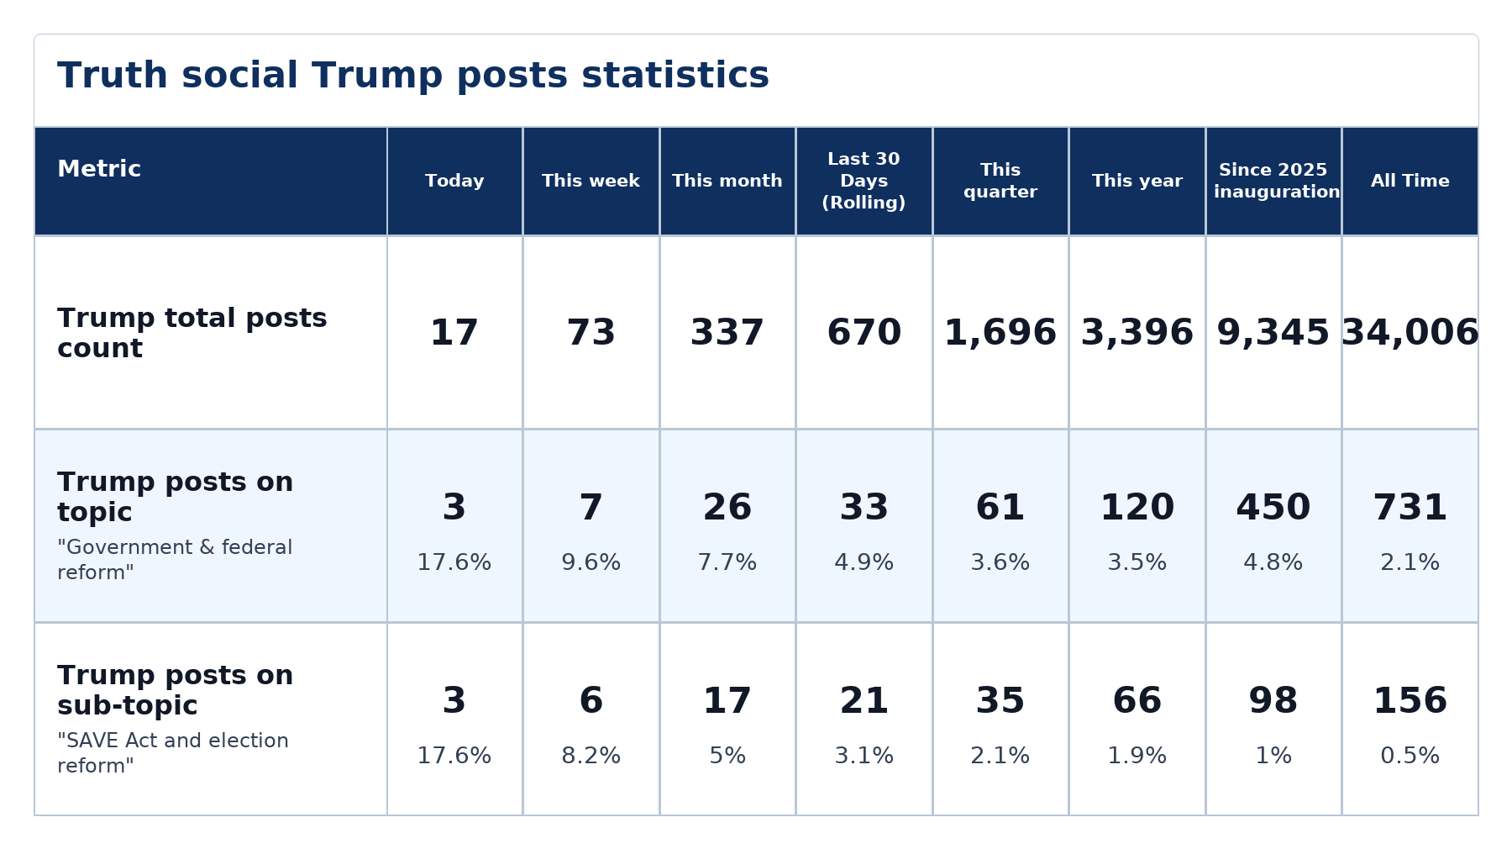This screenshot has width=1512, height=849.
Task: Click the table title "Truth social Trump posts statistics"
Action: click(413, 76)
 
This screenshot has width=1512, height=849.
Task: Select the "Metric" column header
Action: click(99, 169)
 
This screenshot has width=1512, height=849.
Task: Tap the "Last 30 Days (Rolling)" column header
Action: click(864, 181)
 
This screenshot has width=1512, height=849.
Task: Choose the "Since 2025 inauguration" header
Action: click(1273, 181)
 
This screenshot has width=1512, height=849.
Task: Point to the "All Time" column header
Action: click(1410, 181)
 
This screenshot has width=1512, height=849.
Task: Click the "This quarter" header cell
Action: click(1000, 181)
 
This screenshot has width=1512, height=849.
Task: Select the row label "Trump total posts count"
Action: click(192, 333)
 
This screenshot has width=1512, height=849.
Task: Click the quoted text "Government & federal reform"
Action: click(175, 560)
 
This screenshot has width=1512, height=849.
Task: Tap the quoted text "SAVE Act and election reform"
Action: click(173, 753)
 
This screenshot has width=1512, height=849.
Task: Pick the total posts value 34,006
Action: click(1410, 333)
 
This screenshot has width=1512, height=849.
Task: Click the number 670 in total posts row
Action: click(864, 333)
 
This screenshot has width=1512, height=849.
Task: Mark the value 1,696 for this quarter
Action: click(1000, 333)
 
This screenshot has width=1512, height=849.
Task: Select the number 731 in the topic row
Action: click(1410, 508)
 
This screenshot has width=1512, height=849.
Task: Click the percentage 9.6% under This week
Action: click(591, 562)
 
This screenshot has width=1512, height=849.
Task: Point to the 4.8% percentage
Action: click(1273, 562)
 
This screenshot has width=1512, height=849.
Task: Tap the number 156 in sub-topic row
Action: click(1410, 701)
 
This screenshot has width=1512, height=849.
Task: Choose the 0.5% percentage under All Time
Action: click(1410, 756)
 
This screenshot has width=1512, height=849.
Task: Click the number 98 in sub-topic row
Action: click(1273, 701)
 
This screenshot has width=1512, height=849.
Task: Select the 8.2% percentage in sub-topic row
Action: click(591, 756)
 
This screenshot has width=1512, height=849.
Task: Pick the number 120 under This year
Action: click(1137, 508)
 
